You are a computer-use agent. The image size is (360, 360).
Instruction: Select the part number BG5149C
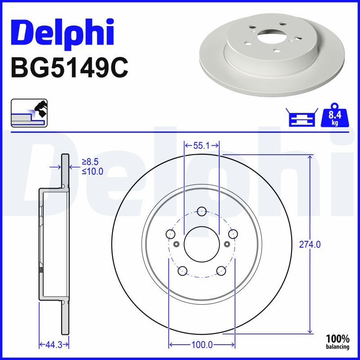pos(69,68)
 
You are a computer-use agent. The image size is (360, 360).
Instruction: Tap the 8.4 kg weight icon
pos(335,115)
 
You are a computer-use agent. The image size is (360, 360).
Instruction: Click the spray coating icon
pos(29,113)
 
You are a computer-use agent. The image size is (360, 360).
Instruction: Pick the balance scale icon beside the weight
pos(302,117)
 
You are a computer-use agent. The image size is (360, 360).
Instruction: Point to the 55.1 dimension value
pos(202,145)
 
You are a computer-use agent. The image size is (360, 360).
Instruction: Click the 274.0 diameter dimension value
pos(310,245)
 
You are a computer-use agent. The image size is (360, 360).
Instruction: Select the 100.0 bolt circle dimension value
pos(202,345)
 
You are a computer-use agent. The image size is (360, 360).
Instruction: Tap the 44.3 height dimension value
pos(54,345)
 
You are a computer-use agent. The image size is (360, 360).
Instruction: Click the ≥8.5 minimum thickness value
pos(90,162)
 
